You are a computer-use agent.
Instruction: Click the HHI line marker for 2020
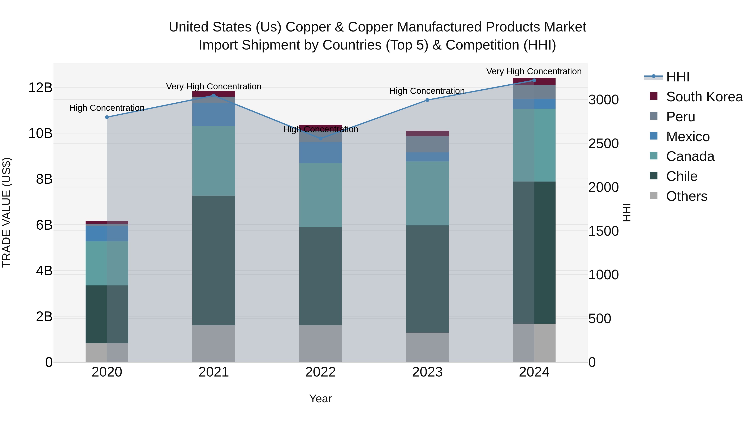107,117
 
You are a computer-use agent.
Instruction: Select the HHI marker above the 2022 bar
321,139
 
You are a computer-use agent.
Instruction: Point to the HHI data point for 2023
427,100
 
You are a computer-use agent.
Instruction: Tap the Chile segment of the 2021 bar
214,260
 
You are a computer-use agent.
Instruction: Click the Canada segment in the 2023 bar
427,193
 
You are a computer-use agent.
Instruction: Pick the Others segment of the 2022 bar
321,343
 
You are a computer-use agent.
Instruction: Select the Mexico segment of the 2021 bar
214,114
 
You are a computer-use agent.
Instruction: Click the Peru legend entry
680,117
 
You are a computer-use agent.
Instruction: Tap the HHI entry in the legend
677,77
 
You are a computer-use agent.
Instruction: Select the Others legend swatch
653,196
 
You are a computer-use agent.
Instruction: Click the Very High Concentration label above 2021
214,86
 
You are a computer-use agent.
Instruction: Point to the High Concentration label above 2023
427,91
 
